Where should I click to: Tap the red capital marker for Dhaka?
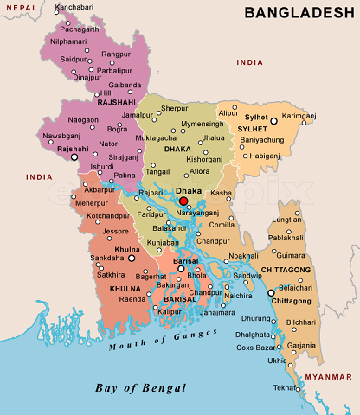coord(183,201)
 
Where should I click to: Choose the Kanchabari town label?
coord(75,7)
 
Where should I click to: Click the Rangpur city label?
coord(115,53)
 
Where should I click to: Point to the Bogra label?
coord(117,128)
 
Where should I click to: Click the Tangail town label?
coord(157,171)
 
